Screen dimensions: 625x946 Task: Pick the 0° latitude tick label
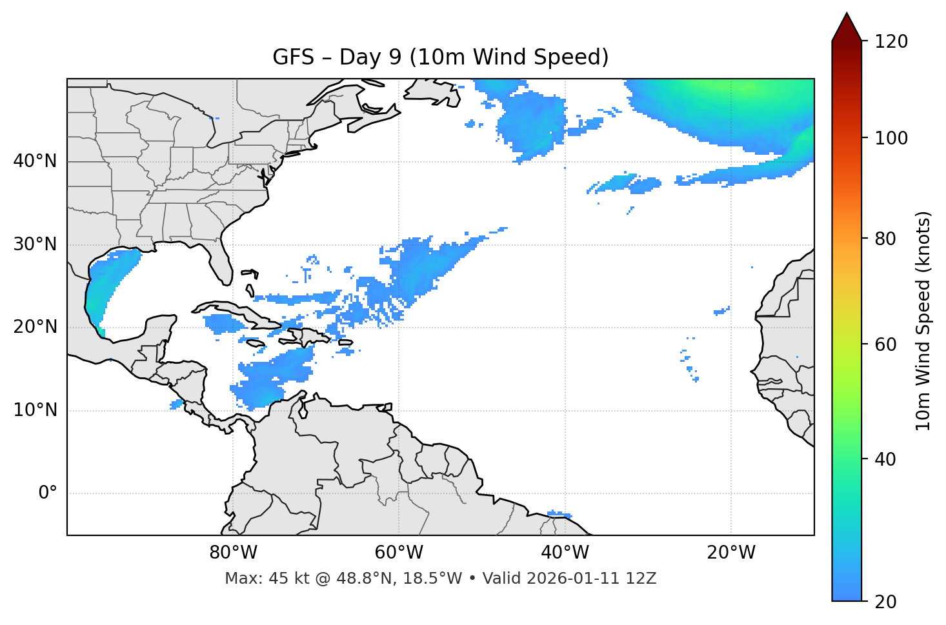[x=48, y=493]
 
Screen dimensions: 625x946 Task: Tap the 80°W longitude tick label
[x=233, y=553]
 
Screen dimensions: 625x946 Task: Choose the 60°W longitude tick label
[x=399, y=553]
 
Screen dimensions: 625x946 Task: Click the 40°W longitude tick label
[x=565, y=553]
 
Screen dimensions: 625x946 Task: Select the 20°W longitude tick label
[x=731, y=553]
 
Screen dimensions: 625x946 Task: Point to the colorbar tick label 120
[x=891, y=42]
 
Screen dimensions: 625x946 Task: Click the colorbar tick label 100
[x=891, y=138]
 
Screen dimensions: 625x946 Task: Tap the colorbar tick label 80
[x=886, y=239]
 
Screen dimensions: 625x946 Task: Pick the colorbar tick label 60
[x=886, y=344]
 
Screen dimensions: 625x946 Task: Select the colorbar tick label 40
[x=886, y=459]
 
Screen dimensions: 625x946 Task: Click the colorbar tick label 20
[x=886, y=602]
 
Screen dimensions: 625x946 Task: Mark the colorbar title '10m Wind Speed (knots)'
[x=923, y=321]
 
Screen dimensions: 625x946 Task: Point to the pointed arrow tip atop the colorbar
[x=847, y=15]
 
